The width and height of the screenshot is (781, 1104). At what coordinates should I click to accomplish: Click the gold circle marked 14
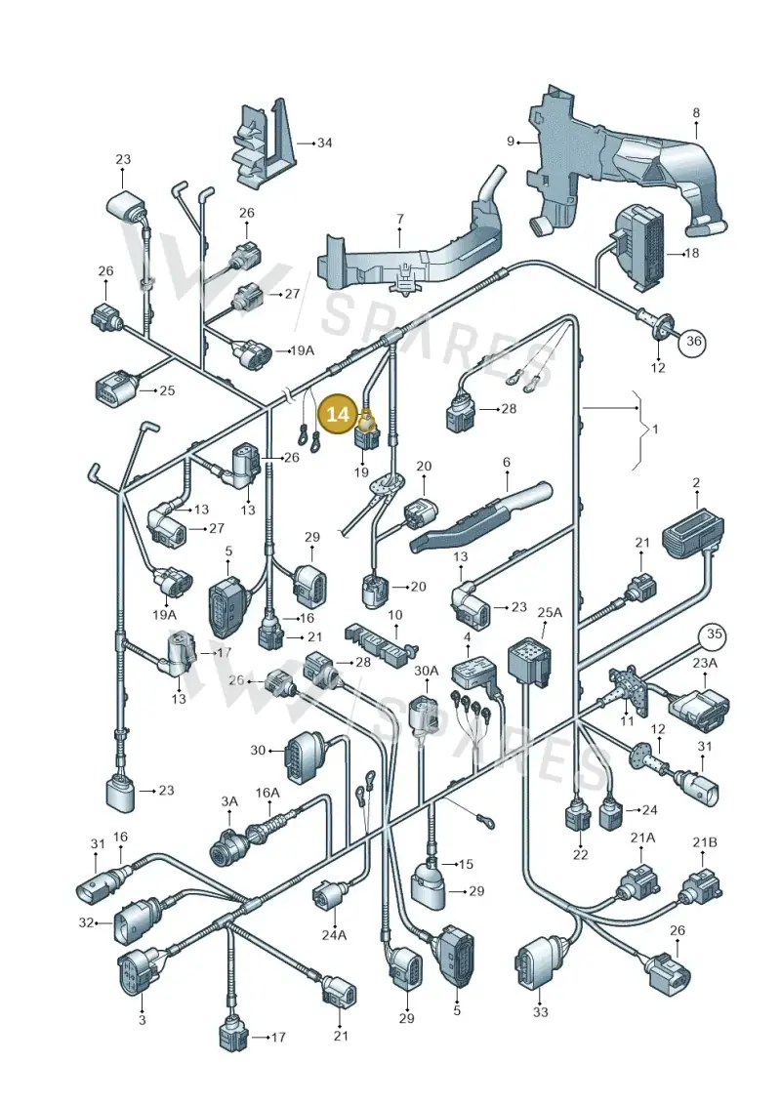(339, 414)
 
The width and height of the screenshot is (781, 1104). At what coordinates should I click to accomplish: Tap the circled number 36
(694, 342)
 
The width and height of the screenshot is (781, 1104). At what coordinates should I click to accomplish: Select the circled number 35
(715, 634)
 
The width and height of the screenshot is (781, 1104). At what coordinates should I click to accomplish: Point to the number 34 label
(324, 143)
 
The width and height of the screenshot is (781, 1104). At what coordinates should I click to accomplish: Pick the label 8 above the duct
(696, 112)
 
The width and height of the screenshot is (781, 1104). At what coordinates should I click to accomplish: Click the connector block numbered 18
(640, 248)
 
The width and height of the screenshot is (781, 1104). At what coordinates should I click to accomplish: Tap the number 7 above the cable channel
(400, 219)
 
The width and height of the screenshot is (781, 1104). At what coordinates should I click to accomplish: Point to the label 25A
(550, 613)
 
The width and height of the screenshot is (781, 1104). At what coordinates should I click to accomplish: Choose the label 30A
(426, 671)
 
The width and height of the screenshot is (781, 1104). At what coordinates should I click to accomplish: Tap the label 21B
(704, 842)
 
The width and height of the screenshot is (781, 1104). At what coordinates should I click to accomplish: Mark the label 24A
(335, 935)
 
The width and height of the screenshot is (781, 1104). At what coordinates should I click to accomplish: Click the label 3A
(229, 801)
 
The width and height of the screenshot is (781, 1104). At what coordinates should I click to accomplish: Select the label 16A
(267, 793)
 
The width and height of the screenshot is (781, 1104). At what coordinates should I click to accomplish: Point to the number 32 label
(86, 921)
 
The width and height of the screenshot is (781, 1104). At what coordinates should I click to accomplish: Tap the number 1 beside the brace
(656, 428)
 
